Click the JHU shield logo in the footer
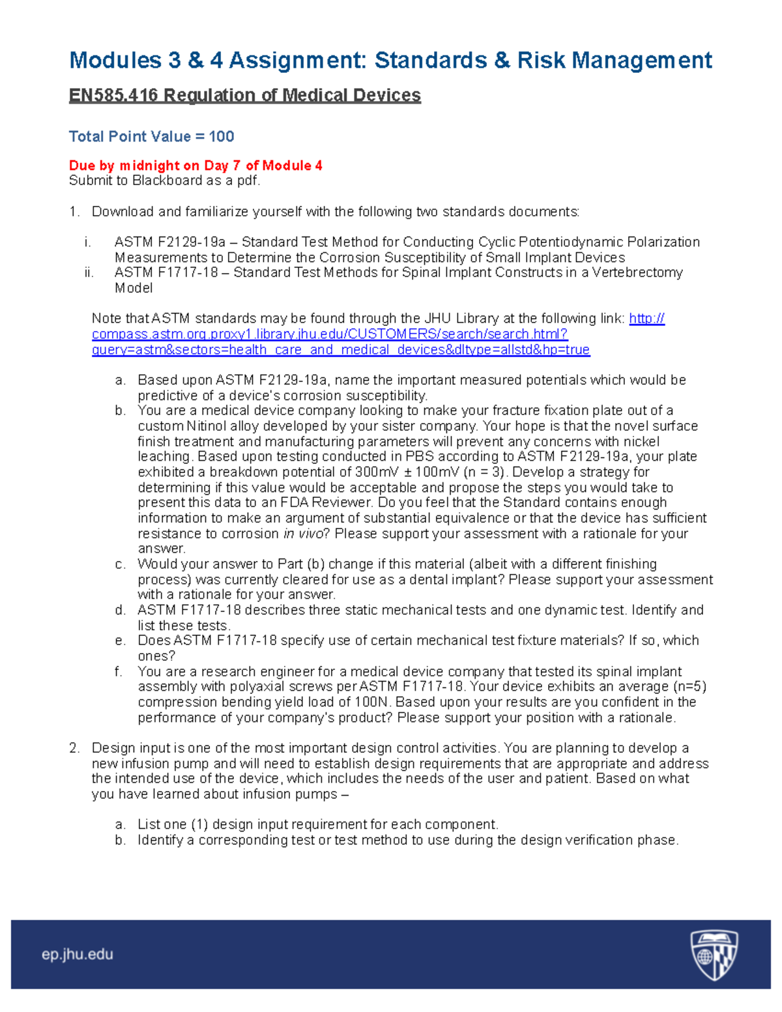[713, 955]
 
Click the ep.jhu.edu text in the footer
[78, 955]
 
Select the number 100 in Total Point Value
[222, 136]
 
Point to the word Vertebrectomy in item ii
[639, 272]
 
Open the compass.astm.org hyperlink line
[330, 334]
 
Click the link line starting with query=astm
[340, 350]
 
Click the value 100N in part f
[373, 702]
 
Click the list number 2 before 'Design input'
[74, 748]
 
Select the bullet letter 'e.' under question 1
[120, 641]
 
